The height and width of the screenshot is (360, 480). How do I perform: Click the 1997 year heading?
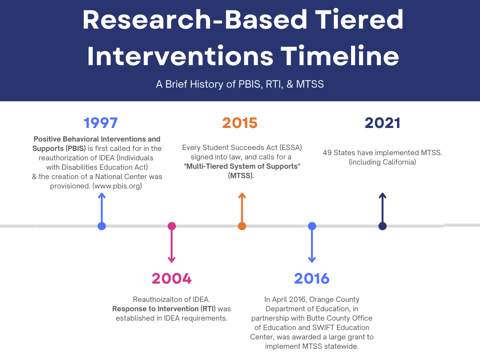101,123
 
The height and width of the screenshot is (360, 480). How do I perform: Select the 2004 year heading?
172,278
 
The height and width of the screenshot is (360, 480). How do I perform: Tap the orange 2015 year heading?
240,123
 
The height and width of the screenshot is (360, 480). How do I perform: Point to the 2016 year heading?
312,278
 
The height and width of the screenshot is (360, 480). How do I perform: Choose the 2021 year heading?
382,123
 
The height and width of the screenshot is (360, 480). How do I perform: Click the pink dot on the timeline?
172,226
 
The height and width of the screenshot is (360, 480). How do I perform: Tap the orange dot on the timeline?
242,226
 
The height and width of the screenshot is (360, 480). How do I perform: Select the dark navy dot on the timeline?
382,226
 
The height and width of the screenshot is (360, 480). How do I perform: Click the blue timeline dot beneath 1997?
102,226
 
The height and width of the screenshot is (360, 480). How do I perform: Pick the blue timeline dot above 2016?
312,226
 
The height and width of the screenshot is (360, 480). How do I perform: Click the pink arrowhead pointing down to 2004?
172,260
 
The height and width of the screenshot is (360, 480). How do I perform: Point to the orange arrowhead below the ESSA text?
242,195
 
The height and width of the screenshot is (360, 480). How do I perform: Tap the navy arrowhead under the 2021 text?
382,195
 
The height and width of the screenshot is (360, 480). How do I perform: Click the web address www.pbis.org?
117,186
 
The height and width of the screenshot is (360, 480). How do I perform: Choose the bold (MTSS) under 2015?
241,176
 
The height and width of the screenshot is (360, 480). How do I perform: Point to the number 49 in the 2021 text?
327,152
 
